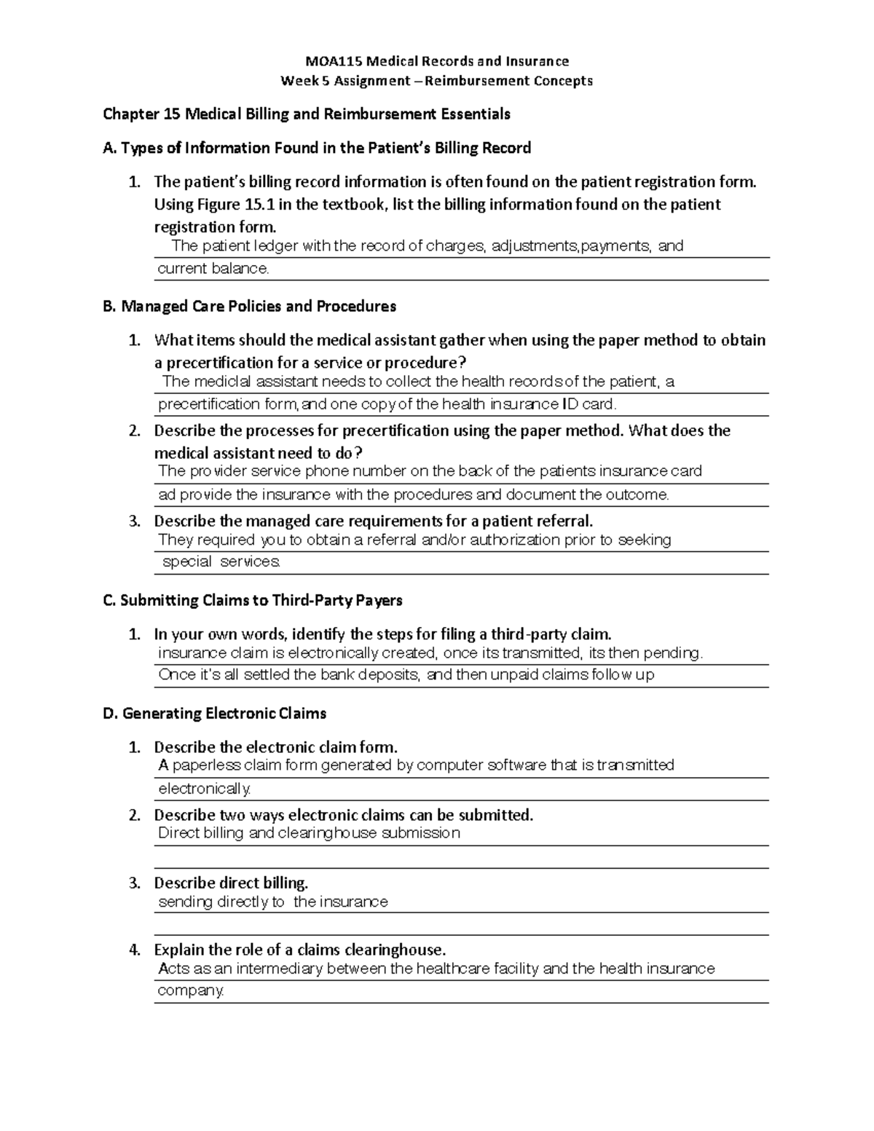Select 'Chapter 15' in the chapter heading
[x=141, y=114]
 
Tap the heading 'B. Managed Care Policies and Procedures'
[x=250, y=307]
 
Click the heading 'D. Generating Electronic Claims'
[x=215, y=714]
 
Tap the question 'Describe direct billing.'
[x=231, y=883]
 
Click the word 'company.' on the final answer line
[x=191, y=990]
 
